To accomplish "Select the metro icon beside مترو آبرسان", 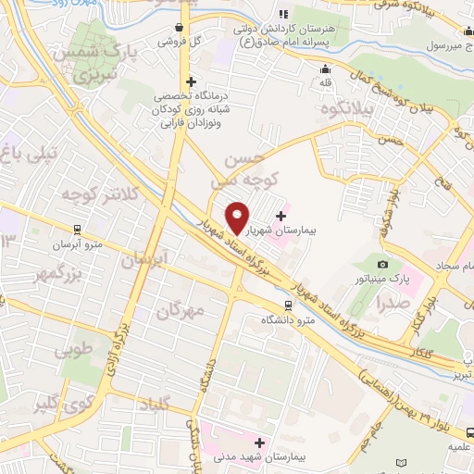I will pos(75,226).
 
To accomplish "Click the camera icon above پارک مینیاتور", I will pos(383,265).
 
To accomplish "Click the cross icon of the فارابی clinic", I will pos(191,82).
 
